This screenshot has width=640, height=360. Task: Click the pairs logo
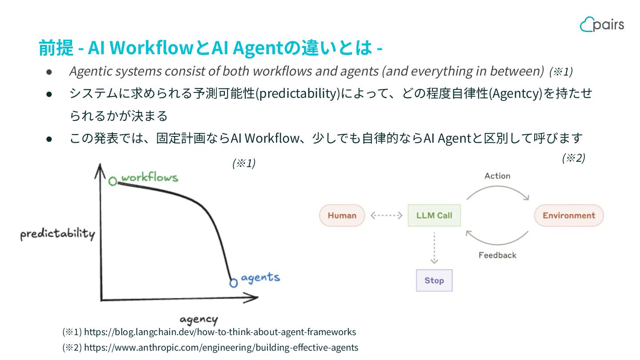point(602,24)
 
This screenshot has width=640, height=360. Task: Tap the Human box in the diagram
point(342,216)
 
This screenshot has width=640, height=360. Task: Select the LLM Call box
point(434,216)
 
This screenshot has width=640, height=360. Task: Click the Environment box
point(568,216)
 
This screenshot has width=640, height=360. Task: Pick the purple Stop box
point(434,280)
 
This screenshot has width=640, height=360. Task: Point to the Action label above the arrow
point(497,176)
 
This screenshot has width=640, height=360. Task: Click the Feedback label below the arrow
point(497,255)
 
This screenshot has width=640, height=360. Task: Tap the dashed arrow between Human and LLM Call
point(386,216)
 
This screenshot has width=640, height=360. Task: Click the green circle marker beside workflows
point(113,181)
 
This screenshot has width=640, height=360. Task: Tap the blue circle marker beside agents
point(233,282)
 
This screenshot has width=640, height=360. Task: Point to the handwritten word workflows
point(149,178)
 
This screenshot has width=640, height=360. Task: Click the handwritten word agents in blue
point(260,278)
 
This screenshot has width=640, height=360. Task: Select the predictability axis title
point(57,234)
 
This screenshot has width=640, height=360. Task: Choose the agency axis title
point(199,320)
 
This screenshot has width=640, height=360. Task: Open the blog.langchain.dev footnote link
point(220,332)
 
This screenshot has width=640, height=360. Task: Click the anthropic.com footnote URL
point(221,348)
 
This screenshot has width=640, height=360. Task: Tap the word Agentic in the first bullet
point(88,71)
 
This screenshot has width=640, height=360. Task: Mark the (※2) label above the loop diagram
point(573,158)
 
